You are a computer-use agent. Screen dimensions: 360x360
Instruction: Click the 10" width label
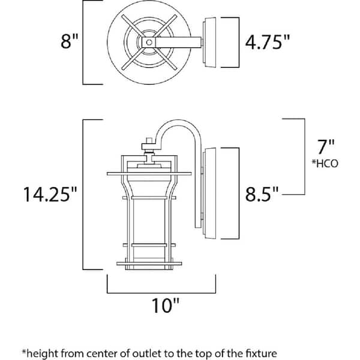[x=162, y=308]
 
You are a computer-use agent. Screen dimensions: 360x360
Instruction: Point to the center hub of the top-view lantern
[x=146, y=42]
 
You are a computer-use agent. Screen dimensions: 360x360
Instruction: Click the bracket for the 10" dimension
[x=161, y=292]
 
